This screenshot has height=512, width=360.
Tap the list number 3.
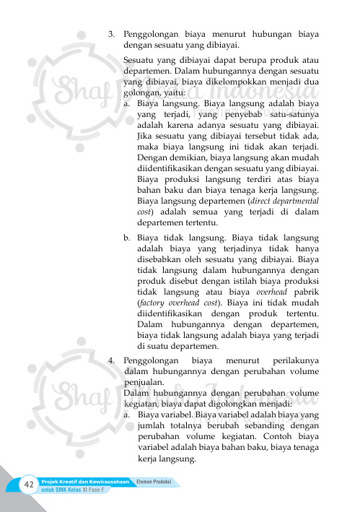click(x=111, y=33)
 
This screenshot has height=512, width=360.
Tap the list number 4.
click(x=111, y=358)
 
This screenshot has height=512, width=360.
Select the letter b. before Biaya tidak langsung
click(x=126, y=235)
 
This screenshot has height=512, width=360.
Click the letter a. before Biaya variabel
click(x=126, y=415)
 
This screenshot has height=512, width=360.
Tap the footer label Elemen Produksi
click(x=157, y=482)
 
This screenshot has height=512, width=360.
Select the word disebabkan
click(x=161, y=258)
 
